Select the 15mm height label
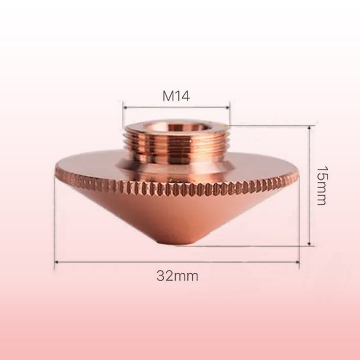pyautogui.click(x=320, y=185)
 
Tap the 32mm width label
pyautogui.click(x=177, y=275)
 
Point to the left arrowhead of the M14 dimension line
pyautogui.click(x=125, y=108)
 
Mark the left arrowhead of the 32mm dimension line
pyautogui.click(x=56, y=261)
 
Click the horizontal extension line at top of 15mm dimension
pyautogui.click(x=270, y=126)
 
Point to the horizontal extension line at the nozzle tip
pyautogui.click(x=252, y=246)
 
